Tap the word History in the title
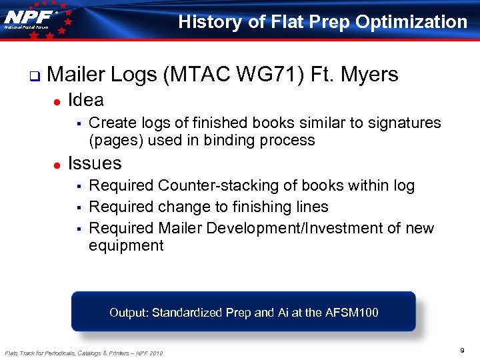pos(203,22)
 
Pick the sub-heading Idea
pos(85,100)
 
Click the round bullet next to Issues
pos(57,164)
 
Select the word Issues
pos(95,163)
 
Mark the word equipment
pos(126,245)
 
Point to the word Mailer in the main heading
pos(76,74)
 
